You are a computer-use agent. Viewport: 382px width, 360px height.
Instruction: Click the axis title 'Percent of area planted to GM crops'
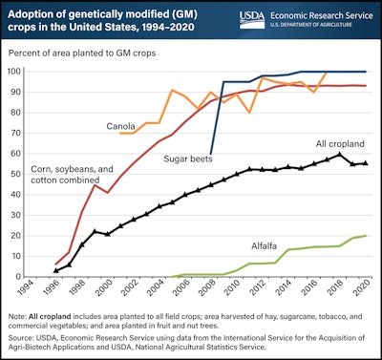pos(91,56)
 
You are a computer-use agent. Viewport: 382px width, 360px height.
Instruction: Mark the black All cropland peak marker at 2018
pos(340,154)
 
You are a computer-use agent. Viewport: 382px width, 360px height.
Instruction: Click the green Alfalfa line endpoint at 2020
pos(366,235)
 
